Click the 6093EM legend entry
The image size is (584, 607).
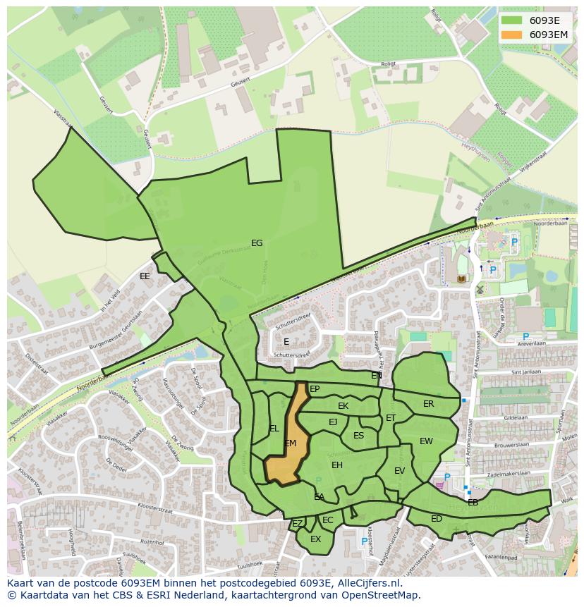[535, 35]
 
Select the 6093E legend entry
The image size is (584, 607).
[535, 20]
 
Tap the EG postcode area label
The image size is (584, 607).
[257, 243]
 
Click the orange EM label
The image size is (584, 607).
[290, 443]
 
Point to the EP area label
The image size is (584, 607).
[315, 389]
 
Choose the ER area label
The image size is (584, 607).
[428, 404]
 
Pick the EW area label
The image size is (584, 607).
[426, 441]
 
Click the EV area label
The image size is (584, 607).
[399, 471]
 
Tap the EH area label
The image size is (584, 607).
[337, 465]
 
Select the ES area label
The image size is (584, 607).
[358, 436]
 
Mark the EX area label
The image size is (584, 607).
[315, 539]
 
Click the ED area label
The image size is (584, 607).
[436, 519]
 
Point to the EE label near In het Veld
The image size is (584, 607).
[145, 276]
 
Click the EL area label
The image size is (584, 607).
[274, 429]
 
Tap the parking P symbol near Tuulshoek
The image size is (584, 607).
[365, 541]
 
